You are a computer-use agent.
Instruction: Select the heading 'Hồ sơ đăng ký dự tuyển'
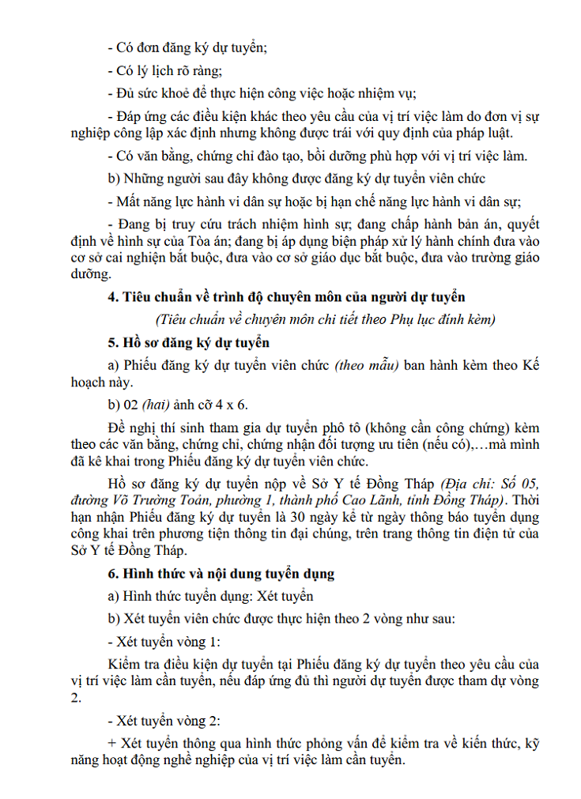(197, 343)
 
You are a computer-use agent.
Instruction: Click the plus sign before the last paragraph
(111, 744)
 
